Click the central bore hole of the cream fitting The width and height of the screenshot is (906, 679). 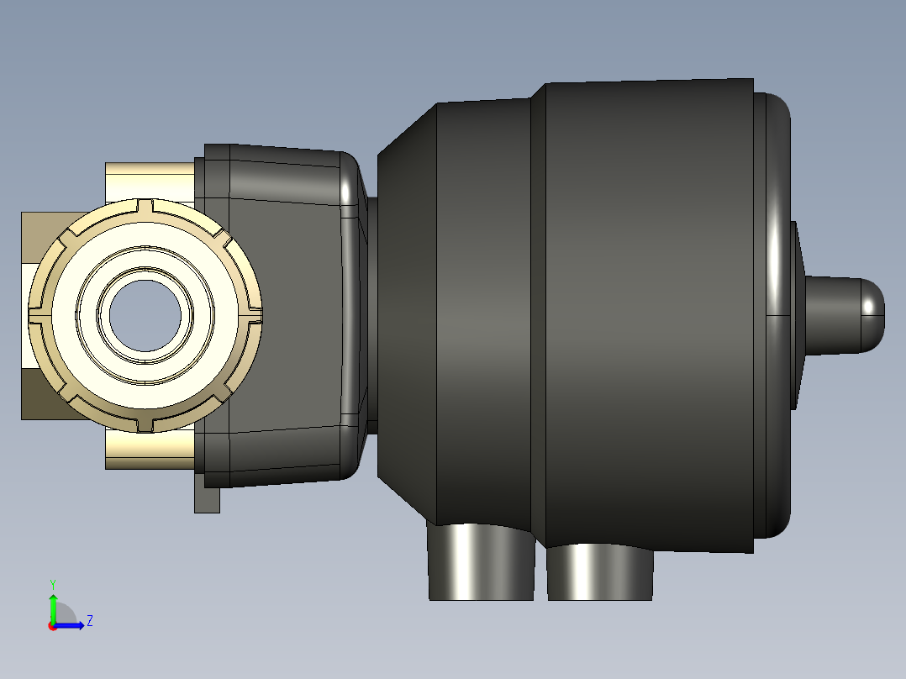click(x=145, y=315)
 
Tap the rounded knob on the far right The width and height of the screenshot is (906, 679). click(x=844, y=315)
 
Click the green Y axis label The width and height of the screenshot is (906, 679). click(x=53, y=584)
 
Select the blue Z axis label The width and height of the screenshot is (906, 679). click(x=90, y=621)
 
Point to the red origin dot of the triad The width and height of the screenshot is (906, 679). click(x=53, y=626)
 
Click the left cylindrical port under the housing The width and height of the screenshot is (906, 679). click(x=481, y=561)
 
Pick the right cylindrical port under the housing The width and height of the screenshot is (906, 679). click(x=600, y=572)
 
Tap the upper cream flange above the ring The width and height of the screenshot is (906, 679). click(x=150, y=182)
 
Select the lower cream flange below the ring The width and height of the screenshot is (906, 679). click(x=150, y=450)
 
